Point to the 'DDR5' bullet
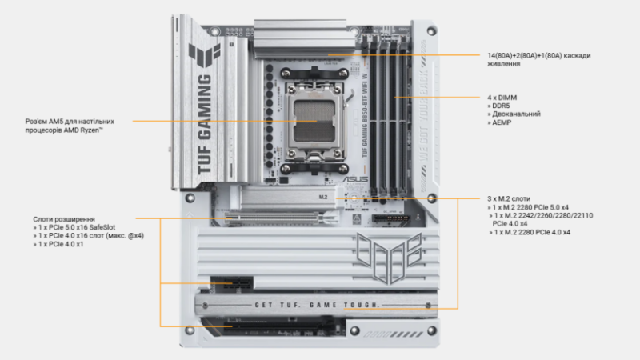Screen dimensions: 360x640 pyautogui.click(x=500, y=106)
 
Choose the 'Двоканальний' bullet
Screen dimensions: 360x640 pyautogui.click(x=513, y=114)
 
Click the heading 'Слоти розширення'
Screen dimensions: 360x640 pyautogui.click(x=64, y=219)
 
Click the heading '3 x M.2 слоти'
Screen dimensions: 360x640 pyautogui.click(x=509, y=198)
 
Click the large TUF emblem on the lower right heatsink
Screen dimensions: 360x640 pyautogui.click(x=390, y=257)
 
